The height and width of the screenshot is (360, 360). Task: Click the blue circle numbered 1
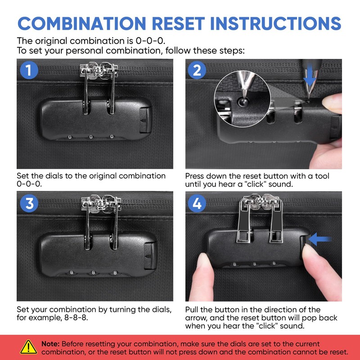[x=29, y=70]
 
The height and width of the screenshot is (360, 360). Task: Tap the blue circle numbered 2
[x=197, y=70]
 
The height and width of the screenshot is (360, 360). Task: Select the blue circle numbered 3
[x=29, y=203]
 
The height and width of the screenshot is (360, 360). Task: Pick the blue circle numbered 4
[x=197, y=203]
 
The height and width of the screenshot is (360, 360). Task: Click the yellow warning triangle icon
[x=28, y=347]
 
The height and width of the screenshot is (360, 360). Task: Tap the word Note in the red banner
[x=50, y=344]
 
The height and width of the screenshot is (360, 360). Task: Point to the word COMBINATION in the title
[x=82, y=23]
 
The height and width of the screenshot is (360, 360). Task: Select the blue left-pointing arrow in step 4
[x=320, y=239]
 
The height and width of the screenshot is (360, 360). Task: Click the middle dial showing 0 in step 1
[x=91, y=137]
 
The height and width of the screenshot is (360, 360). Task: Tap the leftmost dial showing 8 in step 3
[x=72, y=272]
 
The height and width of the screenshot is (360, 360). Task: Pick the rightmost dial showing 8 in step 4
[x=274, y=263]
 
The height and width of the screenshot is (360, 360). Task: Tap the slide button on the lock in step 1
[x=145, y=120]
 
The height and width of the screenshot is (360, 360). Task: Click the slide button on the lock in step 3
[x=150, y=256]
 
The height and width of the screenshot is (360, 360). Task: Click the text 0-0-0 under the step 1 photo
[x=29, y=184]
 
